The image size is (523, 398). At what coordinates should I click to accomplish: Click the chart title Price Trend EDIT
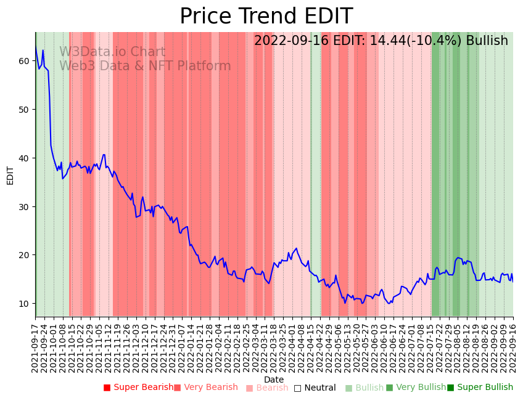(266, 17)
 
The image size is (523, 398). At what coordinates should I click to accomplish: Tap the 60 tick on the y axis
(24, 61)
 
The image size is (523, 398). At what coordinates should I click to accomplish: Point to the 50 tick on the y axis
(24, 110)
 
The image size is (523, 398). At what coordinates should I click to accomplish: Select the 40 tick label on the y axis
(24, 158)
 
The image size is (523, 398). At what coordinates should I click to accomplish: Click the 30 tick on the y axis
(24, 206)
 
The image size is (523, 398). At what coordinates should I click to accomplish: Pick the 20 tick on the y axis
(24, 255)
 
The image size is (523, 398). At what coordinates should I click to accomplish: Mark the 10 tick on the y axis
(24, 304)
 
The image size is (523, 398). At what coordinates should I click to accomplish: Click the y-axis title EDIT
(10, 175)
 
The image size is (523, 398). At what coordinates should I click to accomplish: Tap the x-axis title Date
(274, 380)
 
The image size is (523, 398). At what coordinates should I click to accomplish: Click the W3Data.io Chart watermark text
(112, 52)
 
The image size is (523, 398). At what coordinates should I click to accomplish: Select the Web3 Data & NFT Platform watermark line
(145, 67)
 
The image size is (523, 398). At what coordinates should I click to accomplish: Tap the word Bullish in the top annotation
(487, 41)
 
